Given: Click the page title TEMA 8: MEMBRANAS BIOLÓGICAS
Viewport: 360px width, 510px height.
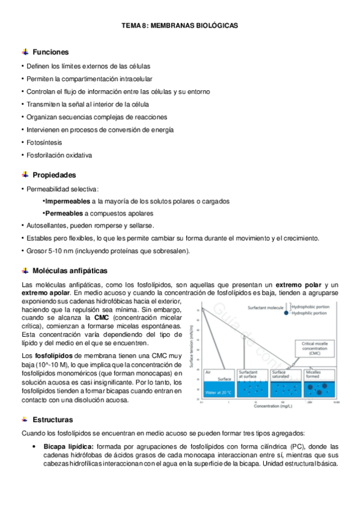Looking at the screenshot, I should (x=180, y=26).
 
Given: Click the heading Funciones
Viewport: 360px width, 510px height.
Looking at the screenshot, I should (x=50, y=52).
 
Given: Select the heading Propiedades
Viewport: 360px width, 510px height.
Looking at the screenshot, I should (x=54, y=175).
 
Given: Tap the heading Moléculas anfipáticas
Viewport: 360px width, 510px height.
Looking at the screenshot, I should (x=70, y=271).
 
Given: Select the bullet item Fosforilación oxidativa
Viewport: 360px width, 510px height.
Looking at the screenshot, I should (x=59, y=155).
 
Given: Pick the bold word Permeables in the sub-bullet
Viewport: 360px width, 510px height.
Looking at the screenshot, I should (x=63, y=214).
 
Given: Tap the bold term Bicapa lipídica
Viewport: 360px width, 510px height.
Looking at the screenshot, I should (x=67, y=446).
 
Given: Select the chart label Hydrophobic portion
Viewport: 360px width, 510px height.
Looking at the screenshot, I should (x=314, y=306).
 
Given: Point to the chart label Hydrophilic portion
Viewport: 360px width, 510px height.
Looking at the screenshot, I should (x=314, y=313).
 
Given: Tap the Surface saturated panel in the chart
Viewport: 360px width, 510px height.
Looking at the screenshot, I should (x=286, y=383).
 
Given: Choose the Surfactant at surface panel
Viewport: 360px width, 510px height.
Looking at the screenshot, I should (x=252, y=383).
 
